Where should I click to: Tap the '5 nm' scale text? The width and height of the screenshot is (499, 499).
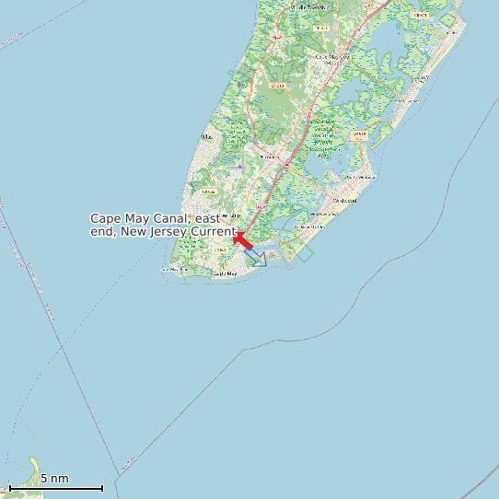pyautogui.click(x=54, y=479)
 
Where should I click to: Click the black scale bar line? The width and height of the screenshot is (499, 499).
pyautogui.click(x=55, y=488)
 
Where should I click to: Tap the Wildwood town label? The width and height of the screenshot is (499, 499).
pyautogui.click(x=344, y=198)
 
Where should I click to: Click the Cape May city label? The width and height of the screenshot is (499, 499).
pyautogui.click(x=225, y=273)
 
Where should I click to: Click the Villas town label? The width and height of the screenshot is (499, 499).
pyautogui.click(x=205, y=137)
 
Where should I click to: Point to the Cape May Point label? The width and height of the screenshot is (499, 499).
pyautogui.click(x=175, y=269)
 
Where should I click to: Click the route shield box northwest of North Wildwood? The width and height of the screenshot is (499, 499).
pyautogui.click(x=359, y=134)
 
